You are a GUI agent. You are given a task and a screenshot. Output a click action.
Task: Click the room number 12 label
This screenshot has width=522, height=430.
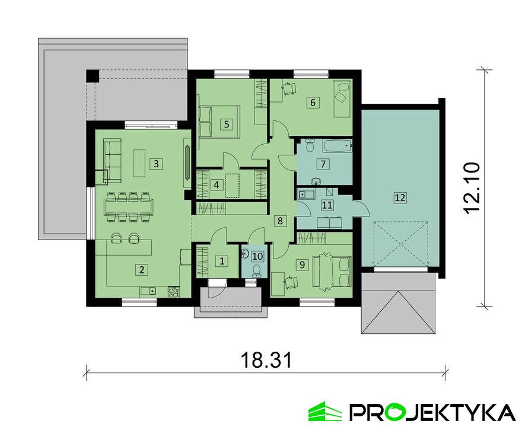pyautogui.click(x=400, y=198)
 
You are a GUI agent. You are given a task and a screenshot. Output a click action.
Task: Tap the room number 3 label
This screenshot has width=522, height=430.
pyautogui.click(x=156, y=164)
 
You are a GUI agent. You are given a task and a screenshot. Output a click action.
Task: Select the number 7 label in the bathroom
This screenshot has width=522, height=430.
pyautogui.click(x=323, y=164)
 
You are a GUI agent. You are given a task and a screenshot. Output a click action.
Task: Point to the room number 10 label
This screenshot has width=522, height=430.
pyautogui.click(x=257, y=256)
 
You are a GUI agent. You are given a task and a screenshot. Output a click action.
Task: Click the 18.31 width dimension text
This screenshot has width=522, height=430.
pyautogui.click(x=266, y=360)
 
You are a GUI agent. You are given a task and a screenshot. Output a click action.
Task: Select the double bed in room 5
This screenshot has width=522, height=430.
pyautogui.click(x=219, y=122)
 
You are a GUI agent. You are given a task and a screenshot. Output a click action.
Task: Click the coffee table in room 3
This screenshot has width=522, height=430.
pyautogui.click(x=139, y=163)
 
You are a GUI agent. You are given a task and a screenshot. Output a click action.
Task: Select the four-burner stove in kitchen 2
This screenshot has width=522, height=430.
pyautogui.click(x=174, y=292)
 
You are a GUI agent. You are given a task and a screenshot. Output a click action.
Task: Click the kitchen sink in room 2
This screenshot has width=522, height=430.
pyautogui.click(x=148, y=292)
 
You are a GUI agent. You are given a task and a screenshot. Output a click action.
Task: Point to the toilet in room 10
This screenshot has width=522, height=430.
pyautogui.click(x=256, y=271)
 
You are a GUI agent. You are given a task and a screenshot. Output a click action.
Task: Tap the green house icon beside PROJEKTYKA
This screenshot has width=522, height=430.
pyautogui.click(x=325, y=411)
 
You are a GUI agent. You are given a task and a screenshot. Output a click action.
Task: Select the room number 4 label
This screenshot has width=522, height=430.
pyautogui.click(x=217, y=184)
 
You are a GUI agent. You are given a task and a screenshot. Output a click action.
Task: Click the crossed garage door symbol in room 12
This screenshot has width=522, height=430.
pyautogui.click(x=400, y=244)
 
